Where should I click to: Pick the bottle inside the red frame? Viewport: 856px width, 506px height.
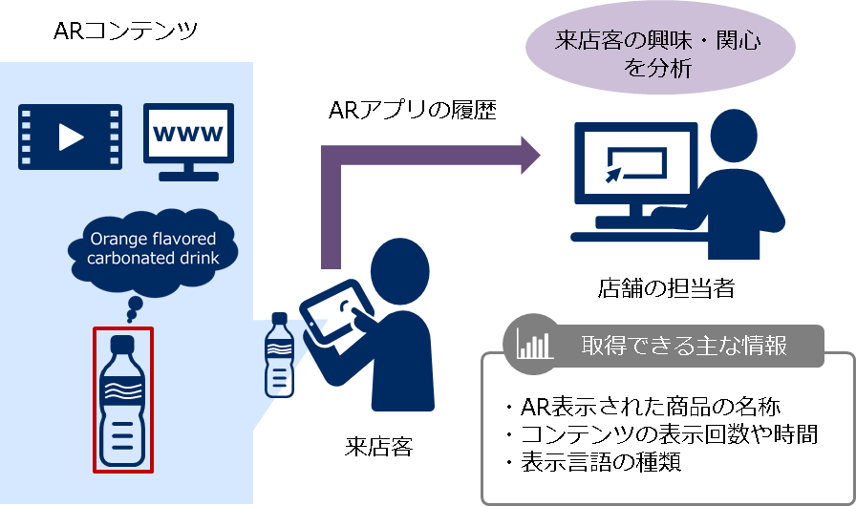tap(121, 399)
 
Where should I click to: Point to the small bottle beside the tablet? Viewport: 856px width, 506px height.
tap(278, 354)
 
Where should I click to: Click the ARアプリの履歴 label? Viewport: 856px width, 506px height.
tap(412, 112)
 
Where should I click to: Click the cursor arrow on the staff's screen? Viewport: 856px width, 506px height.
tap(613, 175)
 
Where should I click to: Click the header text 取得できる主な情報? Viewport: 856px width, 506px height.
tap(684, 345)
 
